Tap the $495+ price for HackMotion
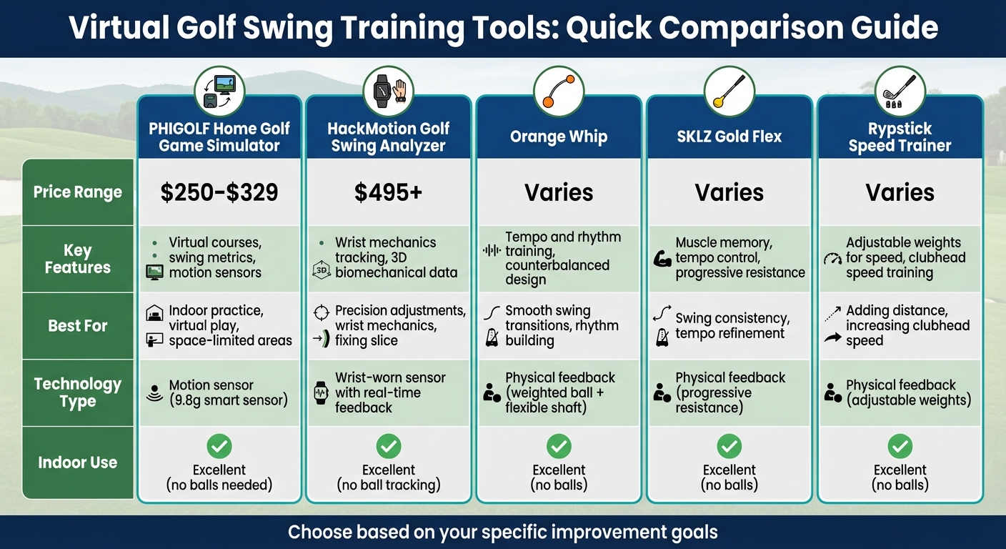coord(388,192)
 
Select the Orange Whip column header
coord(559,137)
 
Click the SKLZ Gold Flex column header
coord(729,137)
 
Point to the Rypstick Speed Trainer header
coord(900,137)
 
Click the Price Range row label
coord(78,192)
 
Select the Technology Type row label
coord(78,392)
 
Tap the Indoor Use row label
coord(78,463)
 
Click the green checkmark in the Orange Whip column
coord(559,447)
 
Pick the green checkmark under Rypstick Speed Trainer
coord(900,447)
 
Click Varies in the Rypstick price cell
coord(900,192)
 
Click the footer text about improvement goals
coord(502,532)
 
